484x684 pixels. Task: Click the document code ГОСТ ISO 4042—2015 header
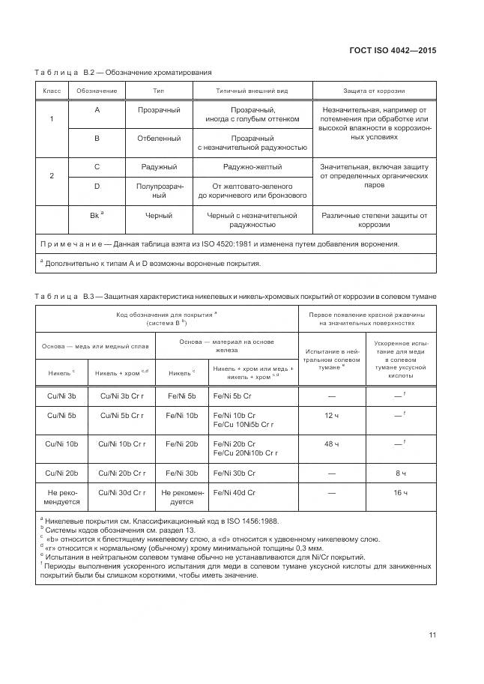click(x=393, y=50)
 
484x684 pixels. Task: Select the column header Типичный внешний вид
click(x=252, y=90)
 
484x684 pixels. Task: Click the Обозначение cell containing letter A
click(x=97, y=110)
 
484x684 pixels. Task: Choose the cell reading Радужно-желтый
click(x=252, y=167)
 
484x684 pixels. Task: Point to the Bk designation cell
click(x=97, y=215)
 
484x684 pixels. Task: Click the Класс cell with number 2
click(x=51, y=175)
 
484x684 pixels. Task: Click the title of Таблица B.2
click(x=124, y=72)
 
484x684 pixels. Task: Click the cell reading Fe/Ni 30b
click(x=181, y=473)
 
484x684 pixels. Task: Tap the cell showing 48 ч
click(x=331, y=444)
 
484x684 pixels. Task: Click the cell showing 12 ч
click(x=331, y=414)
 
